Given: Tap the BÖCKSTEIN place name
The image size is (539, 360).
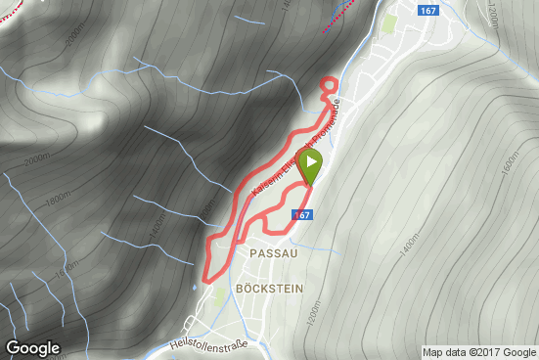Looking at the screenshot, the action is pos(269,289).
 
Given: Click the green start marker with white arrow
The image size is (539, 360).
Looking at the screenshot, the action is pos(310,164).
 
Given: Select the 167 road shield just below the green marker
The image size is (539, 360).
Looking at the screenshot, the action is pos(302,214).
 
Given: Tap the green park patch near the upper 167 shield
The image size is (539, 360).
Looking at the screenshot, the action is pos(390,22).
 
